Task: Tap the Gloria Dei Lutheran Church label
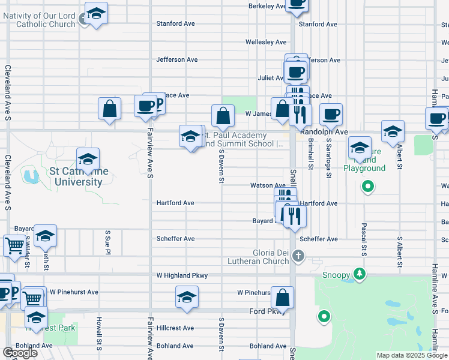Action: click(258, 257)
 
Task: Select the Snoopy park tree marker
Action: click(359, 274)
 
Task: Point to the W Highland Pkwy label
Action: click(182, 275)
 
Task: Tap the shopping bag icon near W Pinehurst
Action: click(282, 298)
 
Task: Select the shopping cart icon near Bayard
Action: click(14, 245)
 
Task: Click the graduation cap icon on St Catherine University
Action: click(88, 159)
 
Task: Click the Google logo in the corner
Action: click(20, 353)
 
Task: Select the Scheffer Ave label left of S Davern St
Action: click(175, 239)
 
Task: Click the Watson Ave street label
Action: click(268, 185)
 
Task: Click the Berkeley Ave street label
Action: click(267, 6)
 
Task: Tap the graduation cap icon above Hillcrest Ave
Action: click(187, 297)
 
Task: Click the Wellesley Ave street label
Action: click(266, 42)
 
